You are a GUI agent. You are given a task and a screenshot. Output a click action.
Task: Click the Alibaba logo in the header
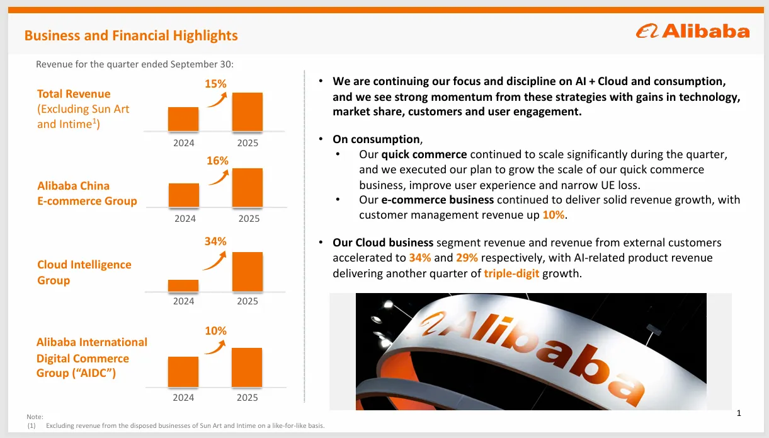pos(692,31)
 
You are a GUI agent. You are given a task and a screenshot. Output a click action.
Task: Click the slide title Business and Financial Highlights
pos(131,35)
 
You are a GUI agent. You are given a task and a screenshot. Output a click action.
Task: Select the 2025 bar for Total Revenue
pos(248,112)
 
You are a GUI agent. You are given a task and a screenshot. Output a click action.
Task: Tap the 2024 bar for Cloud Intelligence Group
pos(183,285)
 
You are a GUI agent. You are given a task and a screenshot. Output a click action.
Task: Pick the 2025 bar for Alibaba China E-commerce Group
pos(248,188)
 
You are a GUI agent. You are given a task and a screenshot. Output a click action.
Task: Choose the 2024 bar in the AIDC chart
pos(183,372)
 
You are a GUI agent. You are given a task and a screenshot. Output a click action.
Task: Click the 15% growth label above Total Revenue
pos(216,83)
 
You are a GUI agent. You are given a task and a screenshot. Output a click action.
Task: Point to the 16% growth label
pos(217,161)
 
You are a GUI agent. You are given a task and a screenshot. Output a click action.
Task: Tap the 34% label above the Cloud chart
pos(215,241)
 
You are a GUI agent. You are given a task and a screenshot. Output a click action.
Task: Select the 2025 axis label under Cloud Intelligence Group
pos(248,301)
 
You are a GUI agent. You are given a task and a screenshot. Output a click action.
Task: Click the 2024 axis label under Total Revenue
pos(184,143)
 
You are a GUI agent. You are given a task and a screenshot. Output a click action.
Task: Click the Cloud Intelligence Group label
pos(84,272)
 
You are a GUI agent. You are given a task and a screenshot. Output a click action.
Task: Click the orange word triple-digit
pos(511,274)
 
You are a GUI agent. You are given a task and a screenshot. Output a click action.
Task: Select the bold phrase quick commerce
pos(424,154)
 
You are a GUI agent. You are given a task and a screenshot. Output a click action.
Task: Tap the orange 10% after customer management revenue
pos(554,215)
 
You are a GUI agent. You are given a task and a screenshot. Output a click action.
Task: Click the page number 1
pos(739,413)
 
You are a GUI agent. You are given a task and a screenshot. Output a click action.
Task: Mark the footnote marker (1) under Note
pos(30,426)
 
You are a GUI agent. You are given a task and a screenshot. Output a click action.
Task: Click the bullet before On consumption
pos(321,139)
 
